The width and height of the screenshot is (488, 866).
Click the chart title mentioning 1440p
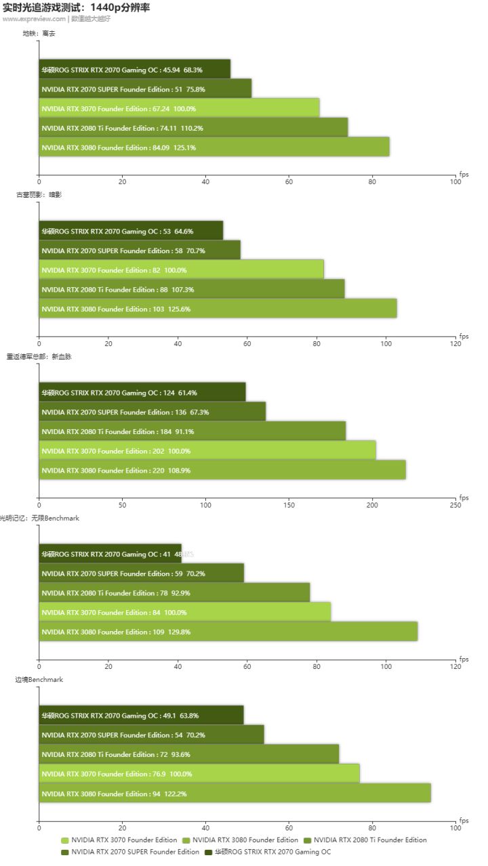coord(77,7)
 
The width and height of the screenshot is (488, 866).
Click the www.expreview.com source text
coord(34,19)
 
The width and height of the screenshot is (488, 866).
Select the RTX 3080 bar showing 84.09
coord(213,147)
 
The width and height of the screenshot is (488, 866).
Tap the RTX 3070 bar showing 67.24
coord(179,108)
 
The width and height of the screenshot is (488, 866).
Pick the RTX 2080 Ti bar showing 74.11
coord(193,128)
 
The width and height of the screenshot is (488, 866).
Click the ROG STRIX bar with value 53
coord(131,231)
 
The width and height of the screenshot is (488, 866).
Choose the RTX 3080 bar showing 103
coord(218,309)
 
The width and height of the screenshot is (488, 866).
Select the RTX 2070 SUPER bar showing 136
coord(152,412)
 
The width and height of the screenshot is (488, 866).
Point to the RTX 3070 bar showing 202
coord(207,451)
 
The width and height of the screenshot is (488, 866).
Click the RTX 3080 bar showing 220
coord(222,470)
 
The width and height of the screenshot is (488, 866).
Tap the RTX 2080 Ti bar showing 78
coord(174,592)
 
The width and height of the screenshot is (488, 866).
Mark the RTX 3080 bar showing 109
coord(228,632)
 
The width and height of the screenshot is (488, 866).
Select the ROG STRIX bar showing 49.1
coord(141,715)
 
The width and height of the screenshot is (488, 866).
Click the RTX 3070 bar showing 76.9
coord(199,774)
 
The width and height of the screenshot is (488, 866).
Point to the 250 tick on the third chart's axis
coord(455,505)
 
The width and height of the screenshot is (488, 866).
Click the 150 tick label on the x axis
coord(289,505)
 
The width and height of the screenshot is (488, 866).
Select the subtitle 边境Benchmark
coord(39,679)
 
